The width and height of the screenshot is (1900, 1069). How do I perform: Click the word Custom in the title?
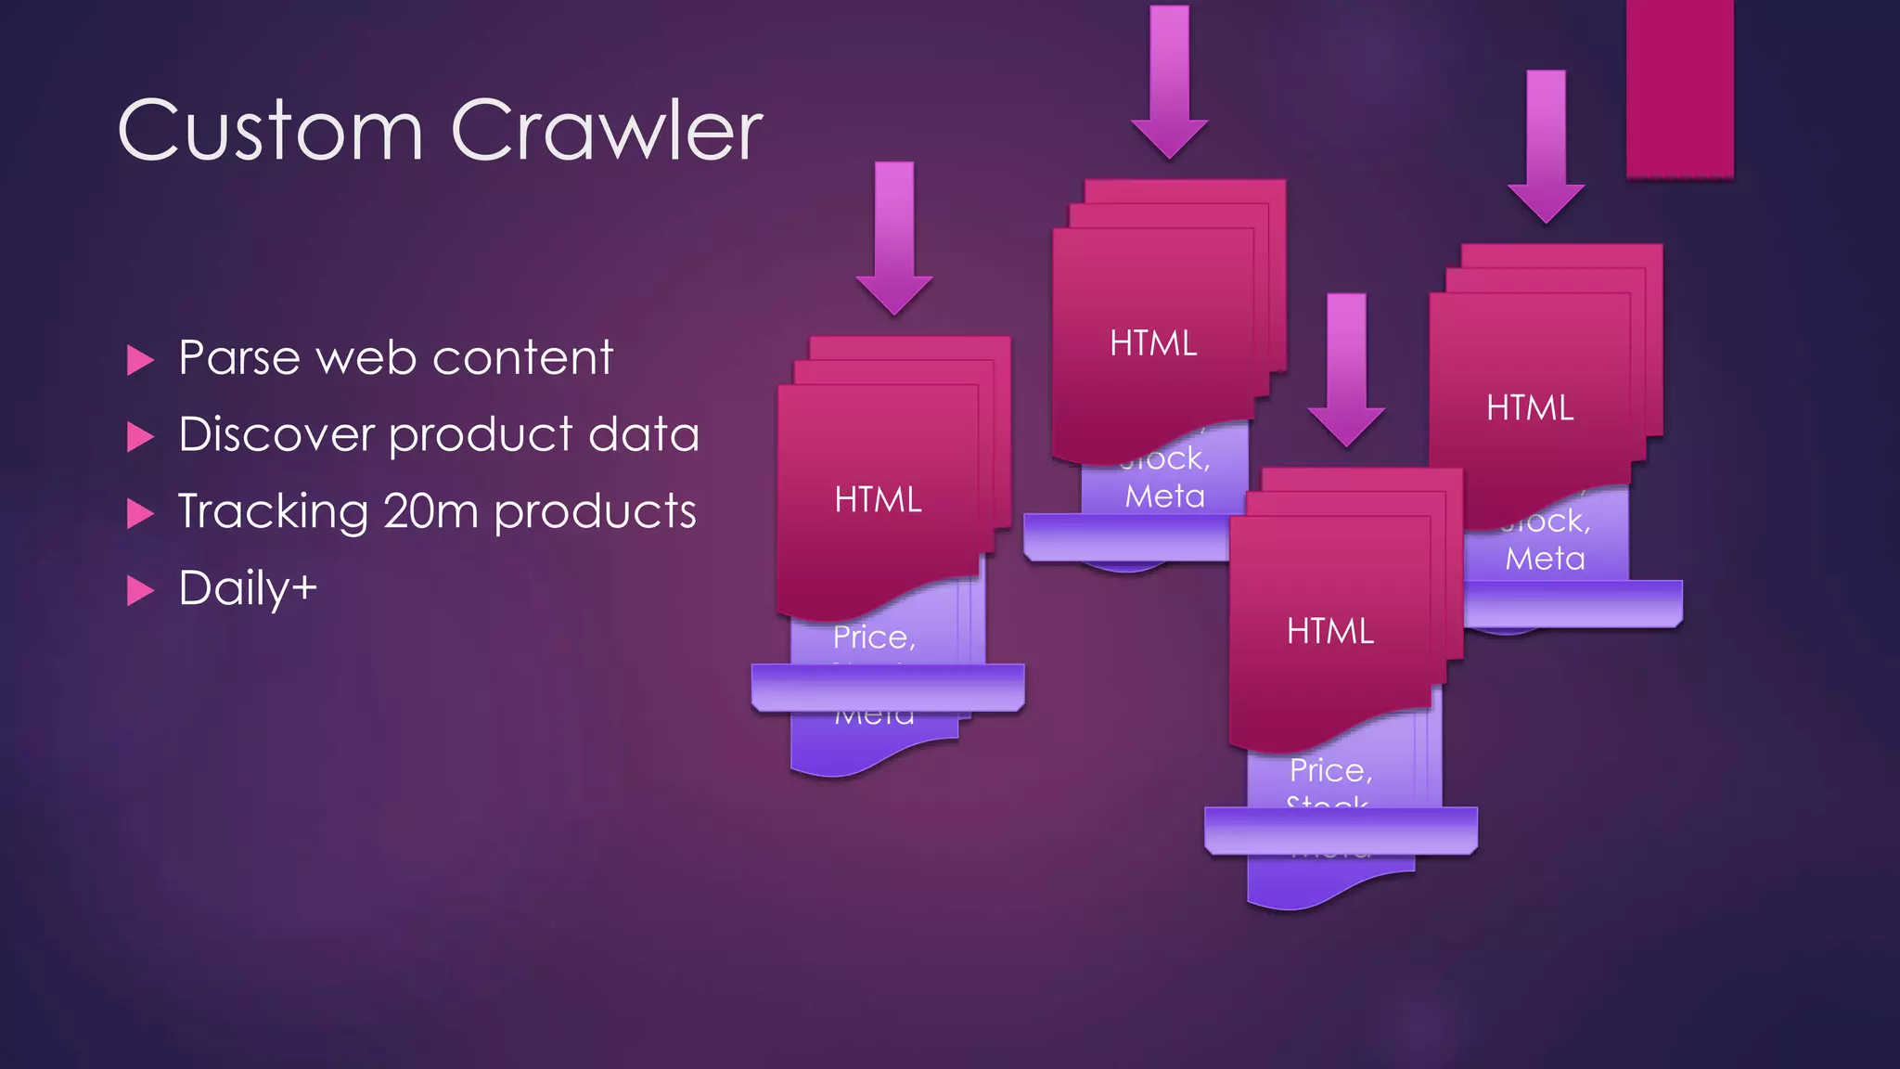point(269,132)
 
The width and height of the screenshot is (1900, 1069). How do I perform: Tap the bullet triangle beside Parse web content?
point(139,360)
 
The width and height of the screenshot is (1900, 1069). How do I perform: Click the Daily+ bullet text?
point(248,588)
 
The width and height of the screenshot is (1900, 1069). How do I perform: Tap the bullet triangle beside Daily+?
point(139,590)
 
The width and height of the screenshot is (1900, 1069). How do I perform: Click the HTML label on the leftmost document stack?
point(878,500)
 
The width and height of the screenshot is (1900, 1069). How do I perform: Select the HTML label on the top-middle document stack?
point(1153,343)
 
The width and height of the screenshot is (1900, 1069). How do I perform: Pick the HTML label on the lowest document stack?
point(1329,632)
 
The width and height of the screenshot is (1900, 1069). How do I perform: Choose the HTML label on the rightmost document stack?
point(1530,408)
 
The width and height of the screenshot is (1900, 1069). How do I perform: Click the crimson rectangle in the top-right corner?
point(1679,88)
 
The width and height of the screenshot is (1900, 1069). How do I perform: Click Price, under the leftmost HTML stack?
point(874,638)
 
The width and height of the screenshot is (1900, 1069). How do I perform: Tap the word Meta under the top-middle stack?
point(1164,496)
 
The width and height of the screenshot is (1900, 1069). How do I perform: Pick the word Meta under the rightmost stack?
point(1545,559)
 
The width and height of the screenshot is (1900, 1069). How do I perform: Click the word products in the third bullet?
point(595,511)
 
